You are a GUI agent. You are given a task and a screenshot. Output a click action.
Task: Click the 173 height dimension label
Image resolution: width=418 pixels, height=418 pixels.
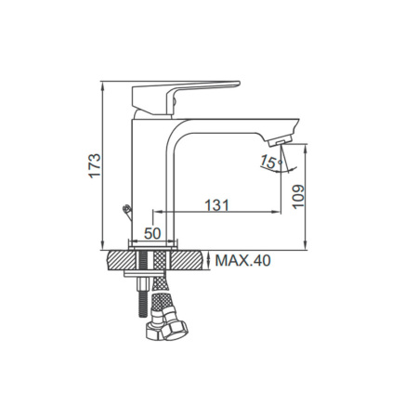coord(95,165)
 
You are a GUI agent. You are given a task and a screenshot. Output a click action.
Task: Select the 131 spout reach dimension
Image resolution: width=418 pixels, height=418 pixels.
coord(217,204)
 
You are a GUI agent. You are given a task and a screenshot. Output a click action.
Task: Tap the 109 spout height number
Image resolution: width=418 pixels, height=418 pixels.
coord(299,197)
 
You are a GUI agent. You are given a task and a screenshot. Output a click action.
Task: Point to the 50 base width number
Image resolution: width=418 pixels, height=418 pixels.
coord(152,233)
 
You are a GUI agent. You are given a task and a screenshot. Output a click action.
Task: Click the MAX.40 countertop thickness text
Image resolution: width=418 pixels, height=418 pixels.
coord(242,261)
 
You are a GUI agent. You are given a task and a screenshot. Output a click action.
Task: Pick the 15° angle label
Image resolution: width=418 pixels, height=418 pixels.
coord(270,162)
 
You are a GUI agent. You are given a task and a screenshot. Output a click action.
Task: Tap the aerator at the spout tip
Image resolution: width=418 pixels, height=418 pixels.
coord(280,141)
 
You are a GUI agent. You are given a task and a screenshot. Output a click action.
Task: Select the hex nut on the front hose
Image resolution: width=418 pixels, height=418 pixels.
coord(176,330)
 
